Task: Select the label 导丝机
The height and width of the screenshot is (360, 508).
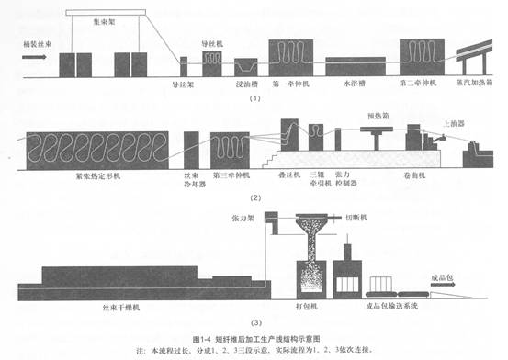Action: pos(214,43)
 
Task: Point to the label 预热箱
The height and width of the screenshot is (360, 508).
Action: pos(379,114)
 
